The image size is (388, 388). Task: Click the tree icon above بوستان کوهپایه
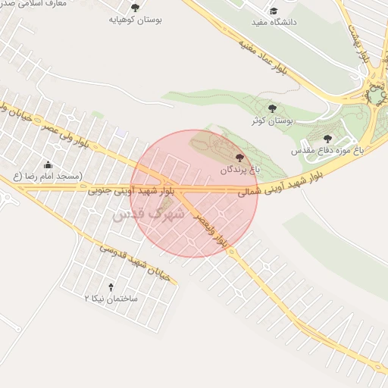pyautogui.click(x=136, y=8)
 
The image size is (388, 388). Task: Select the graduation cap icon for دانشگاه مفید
pyautogui.click(x=273, y=11)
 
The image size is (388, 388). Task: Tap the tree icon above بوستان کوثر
pyautogui.click(x=273, y=108)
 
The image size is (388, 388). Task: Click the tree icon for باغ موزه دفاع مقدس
pyautogui.click(x=327, y=139)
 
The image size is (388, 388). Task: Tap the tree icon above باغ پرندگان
pyautogui.click(x=240, y=158)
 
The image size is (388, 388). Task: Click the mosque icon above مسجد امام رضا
pyautogui.click(x=48, y=164)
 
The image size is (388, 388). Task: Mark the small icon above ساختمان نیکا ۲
pyautogui.click(x=112, y=286)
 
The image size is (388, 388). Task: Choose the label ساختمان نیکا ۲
pyautogui.click(x=111, y=299)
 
